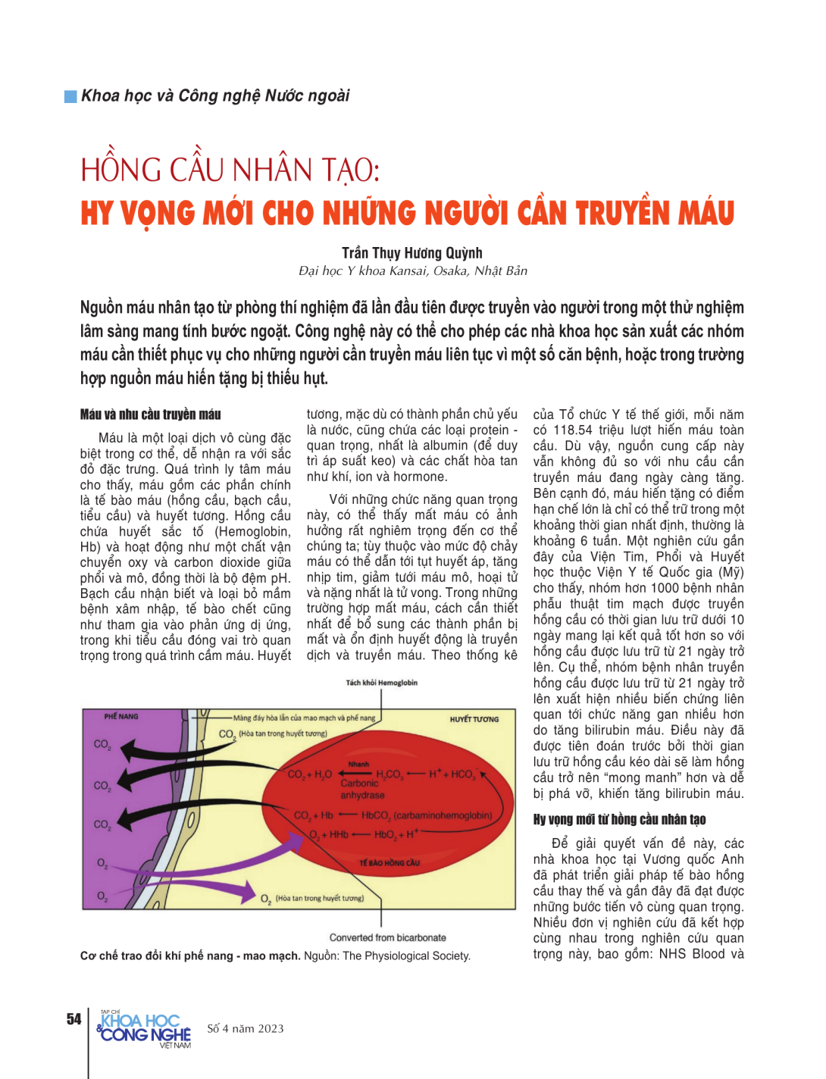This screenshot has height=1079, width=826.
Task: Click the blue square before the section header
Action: [70, 96]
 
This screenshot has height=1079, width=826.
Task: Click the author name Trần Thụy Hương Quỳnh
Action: [411, 253]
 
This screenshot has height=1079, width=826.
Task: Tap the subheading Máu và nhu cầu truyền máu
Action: [150, 414]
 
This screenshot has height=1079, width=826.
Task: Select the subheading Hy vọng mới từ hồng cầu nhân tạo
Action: [619, 819]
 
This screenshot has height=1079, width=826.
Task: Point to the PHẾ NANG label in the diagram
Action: [121, 716]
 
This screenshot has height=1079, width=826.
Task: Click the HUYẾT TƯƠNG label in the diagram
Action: [474, 719]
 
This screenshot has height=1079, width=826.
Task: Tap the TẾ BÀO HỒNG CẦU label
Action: [390, 862]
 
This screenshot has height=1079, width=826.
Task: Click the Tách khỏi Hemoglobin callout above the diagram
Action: [381, 683]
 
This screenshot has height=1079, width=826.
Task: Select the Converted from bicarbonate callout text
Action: [387, 937]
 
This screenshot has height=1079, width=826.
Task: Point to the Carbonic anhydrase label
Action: [361, 790]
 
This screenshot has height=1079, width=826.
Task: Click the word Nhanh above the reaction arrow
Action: [358, 764]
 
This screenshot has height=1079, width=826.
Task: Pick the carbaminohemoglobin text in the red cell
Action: [443, 815]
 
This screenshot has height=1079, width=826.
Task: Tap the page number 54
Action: [74, 1019]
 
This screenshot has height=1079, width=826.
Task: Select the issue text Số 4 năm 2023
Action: [246, 1029]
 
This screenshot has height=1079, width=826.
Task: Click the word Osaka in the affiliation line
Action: [451, 271]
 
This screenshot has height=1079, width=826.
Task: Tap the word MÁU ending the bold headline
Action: [706, 214]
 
